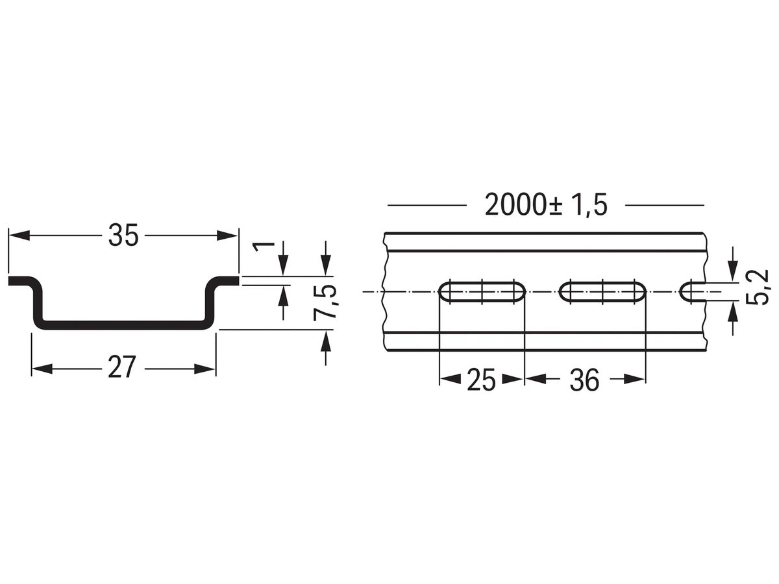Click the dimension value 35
point(123,235)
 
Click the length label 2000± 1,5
point(545,205)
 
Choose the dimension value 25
point(481,380)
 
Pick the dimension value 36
point(584,380)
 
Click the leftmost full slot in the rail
point(482,292)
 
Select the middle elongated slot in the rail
point(603,292)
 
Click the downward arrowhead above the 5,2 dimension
point(732,274)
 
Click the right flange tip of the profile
point(235,280)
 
